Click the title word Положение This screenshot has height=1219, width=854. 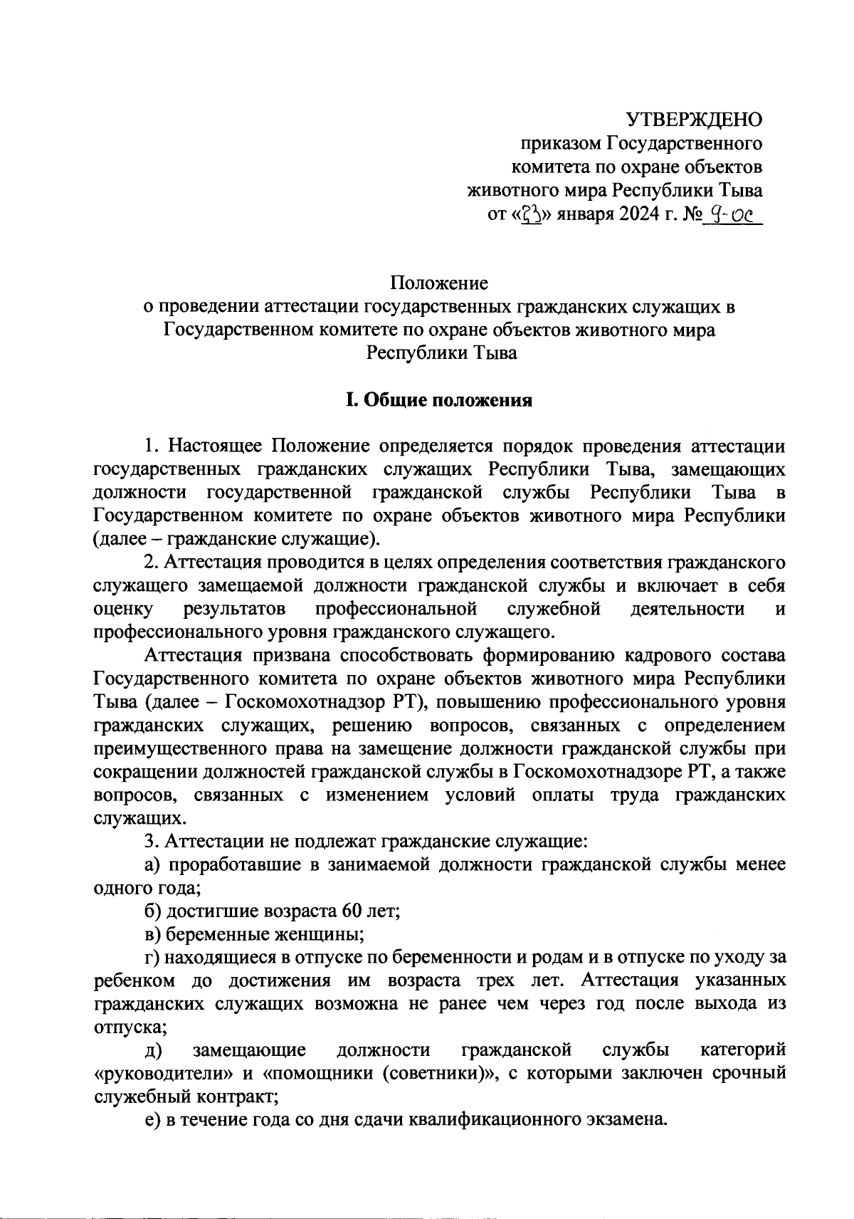[439, 283]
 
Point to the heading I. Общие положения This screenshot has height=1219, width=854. [439, 400]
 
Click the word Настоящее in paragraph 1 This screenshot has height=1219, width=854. [216, 446]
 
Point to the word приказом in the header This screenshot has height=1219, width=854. [562, 144]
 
